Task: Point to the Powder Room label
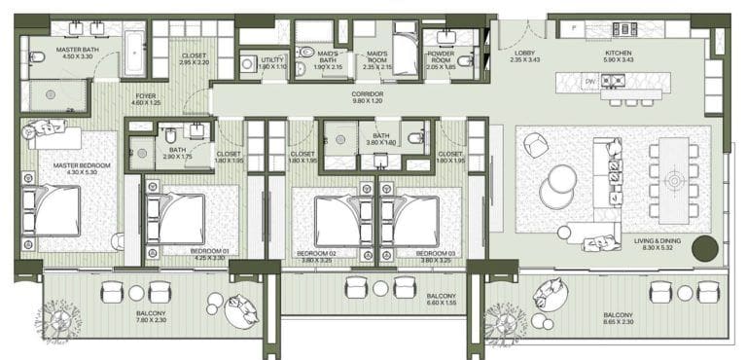[447, 59]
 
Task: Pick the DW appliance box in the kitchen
[589, 82]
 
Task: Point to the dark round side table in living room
[704, 247]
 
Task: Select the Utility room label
[271, 62]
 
